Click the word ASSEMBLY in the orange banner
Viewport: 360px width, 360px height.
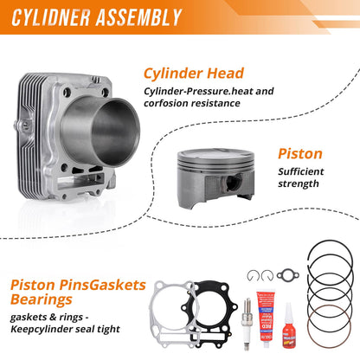point(138,17)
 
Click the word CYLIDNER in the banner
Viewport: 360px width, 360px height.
point(51,17)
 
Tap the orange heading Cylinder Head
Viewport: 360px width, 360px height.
point(194,74)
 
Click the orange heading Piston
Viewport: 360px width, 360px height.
point(300,154)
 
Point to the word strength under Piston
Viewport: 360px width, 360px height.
point(299,183)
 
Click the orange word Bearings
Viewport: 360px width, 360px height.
point(42,299)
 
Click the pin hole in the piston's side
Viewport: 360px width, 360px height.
point(232,183)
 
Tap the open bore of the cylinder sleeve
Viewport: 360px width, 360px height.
point(115,132)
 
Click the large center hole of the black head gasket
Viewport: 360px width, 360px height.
point(207,309)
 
